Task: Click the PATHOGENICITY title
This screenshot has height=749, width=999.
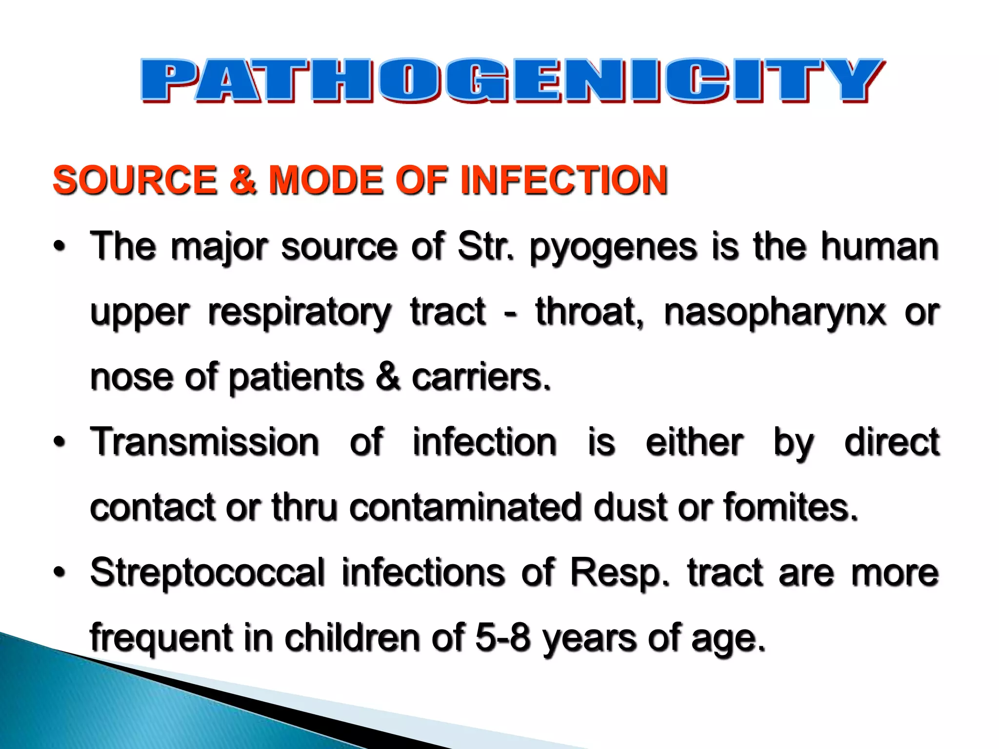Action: pyautogui.click(x=512, y=80)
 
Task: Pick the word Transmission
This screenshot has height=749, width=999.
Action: pyautogui.click(x=205, y=442)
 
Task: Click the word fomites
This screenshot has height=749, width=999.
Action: pyautogui.click(x=790, y=507)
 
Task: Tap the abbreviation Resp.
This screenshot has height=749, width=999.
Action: pyautogui.click(x=620, y=573)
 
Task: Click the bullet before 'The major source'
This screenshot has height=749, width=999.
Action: pyautogui.click(x=59, y=247)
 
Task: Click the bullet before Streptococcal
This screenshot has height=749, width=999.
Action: pyautogui.click(x=59, y=572)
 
